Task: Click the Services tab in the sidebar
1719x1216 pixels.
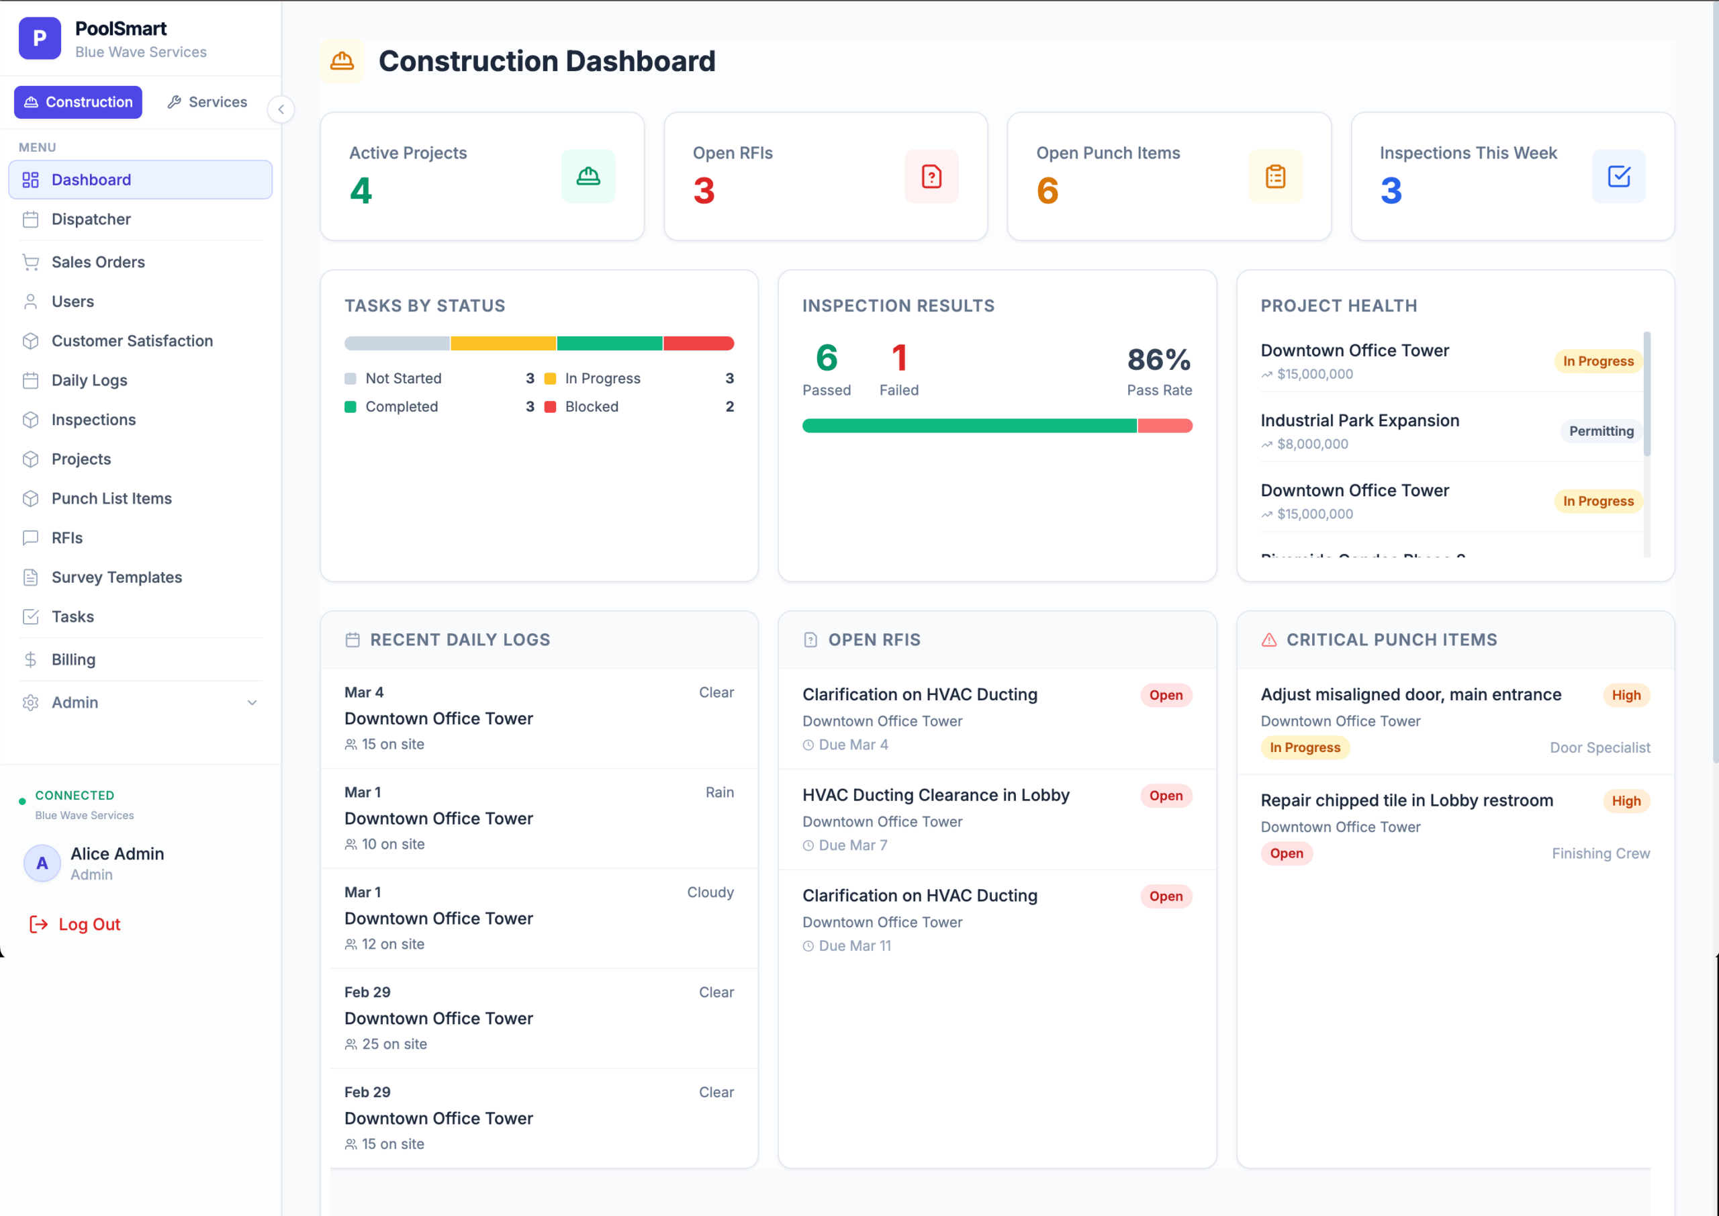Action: click(x=207, y=102)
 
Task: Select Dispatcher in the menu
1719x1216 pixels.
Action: click(x=91, y=220)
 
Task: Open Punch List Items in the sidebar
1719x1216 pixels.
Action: click(x=111, y=499)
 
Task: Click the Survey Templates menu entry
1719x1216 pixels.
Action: click(x=116, y=577)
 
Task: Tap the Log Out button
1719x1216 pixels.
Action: click(x=75, y=924)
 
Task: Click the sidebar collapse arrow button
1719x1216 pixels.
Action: click(x=281, y=109)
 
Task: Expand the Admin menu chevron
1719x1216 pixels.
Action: click(x=252, y=702)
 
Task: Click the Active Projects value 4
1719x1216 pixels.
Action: click(x=361, y=190)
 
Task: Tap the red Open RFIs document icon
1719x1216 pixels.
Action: click(x=931, y=177)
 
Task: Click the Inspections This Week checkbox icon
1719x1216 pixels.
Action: click(x=1619, y=177)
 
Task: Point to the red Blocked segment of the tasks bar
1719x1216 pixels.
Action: click(x=698, y=344)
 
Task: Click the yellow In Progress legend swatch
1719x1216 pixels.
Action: click(x=551, y=379)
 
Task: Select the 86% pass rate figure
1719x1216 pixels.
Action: click(x=1159, y=359)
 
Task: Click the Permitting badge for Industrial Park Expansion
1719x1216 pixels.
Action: click(x=1601, y=431)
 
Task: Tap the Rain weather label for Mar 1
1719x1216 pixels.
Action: click(x=719, y=792)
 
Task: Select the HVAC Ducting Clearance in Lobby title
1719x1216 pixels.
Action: click(x=936, y=795)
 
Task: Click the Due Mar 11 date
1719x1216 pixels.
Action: click(x=855, y=945)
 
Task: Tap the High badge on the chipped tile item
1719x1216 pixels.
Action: click(x=1626, y=801)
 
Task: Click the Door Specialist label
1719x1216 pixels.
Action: click(x=1600, y=747)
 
